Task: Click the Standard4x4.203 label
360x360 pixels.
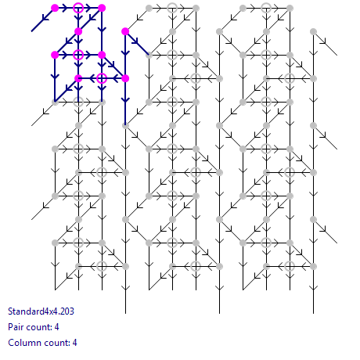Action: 41,311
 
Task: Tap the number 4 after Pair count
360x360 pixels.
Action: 56,327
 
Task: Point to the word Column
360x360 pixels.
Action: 22,343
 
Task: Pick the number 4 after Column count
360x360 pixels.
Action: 74,343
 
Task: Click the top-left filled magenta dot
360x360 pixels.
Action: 55,8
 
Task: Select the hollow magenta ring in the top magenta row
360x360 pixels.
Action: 78,8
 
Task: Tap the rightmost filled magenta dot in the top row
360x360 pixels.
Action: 102,8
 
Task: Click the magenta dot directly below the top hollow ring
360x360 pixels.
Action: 78,31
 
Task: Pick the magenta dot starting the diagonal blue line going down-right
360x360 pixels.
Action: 125,31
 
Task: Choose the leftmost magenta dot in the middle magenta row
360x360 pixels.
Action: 55,55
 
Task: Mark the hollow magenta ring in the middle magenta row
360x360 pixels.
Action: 78,55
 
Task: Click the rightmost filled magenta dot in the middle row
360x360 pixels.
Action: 102,55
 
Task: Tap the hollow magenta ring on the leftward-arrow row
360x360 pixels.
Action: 102,78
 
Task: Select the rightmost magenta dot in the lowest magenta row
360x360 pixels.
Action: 125,78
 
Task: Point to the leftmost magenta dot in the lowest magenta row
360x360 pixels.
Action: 78,78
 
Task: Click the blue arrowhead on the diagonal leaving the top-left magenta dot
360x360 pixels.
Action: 45,18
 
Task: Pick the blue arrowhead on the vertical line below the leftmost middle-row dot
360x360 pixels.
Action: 55,76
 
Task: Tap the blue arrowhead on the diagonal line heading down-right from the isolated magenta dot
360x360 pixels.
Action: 135,41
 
